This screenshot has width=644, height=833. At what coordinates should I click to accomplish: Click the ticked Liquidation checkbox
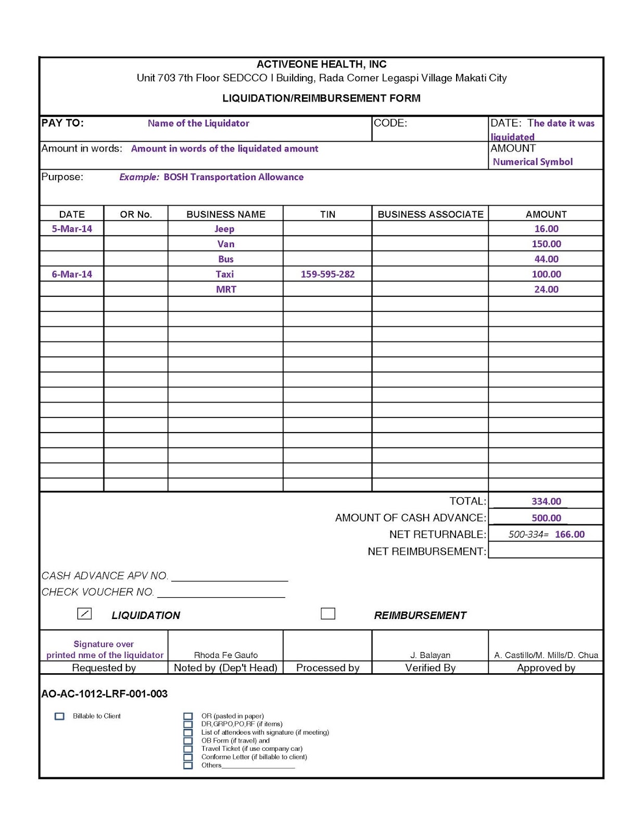(84, 613)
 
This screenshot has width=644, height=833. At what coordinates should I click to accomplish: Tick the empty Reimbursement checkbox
(328, 613)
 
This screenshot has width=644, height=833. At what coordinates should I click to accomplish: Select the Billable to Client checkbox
(60, 716)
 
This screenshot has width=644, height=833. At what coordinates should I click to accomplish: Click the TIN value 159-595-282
(327, 274)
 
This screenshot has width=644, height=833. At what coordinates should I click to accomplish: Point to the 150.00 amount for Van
(546, 244)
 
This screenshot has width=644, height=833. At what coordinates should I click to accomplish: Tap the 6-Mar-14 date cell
(72, 274)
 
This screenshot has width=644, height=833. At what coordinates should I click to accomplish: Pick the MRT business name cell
(226, 289)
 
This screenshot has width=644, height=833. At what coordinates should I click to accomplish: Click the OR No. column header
(136, 214)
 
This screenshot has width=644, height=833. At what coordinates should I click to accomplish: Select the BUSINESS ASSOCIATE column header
(430, 214)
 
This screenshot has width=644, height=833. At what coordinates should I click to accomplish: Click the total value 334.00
(546, 501)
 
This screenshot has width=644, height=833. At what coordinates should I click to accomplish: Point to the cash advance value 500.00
(546, 518)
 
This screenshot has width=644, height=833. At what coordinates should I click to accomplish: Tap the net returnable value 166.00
(570, 534)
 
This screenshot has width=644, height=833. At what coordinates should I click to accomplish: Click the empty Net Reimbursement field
(546, 551)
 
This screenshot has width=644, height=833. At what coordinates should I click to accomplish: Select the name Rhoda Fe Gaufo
(225, 655)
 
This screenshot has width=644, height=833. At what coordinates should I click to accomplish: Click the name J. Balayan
(430, 655)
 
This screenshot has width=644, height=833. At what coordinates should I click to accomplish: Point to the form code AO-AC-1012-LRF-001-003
(105, 694)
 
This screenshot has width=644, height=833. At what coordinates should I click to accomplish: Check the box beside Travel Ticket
(188, 749)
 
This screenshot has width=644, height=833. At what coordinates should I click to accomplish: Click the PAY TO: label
(62, 123)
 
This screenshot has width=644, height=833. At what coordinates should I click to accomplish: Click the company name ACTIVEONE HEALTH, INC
(321, 65)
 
